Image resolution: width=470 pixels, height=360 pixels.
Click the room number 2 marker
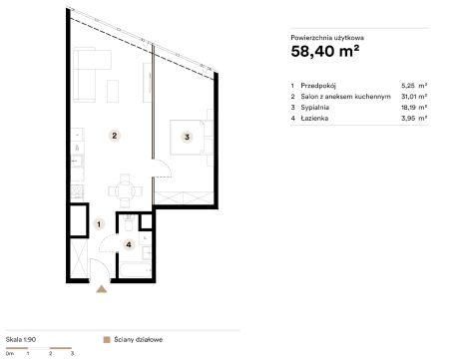click(115, 136)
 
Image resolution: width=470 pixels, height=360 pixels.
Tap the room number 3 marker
click(187, 137)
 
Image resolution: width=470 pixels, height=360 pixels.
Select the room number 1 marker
click(99, 224)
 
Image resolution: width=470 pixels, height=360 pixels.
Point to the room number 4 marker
click(129, 245)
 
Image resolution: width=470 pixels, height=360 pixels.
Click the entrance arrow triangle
click(102, 289)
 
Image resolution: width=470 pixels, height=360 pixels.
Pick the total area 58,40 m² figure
click(325, 51)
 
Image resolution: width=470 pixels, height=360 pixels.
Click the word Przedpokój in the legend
click(318, 86)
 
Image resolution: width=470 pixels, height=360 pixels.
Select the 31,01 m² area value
click(414, 97)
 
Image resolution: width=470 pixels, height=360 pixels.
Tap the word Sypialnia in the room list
click(315, 108)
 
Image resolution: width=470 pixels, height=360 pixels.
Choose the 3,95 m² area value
click(414, 118)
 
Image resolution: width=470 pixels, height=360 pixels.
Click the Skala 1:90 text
click(21, 340)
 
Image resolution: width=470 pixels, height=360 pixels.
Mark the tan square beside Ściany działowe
click(107, 340)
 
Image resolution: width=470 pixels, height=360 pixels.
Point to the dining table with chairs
click(125, 191)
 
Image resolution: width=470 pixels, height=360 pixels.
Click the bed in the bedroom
click(188, 138)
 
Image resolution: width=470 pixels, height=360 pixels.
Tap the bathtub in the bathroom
click(136, 270)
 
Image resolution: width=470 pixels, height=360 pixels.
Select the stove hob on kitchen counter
click(77, 191)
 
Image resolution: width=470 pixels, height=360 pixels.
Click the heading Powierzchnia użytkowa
click(327, 38)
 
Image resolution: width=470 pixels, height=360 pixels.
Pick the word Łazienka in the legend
click(314, 118)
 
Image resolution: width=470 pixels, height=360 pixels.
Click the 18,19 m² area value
click(414, 108)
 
